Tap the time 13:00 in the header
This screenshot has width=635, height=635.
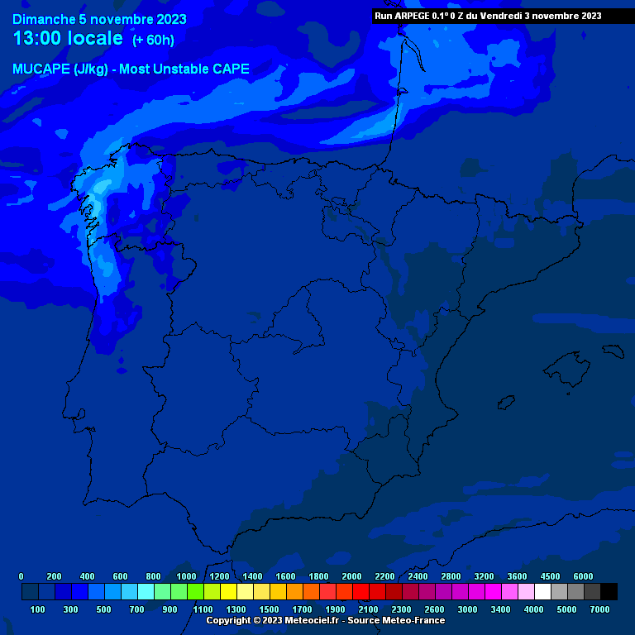pyautogui.click(x=39, y=39)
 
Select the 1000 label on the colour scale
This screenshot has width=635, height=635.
pyautogui.click(x=187, y=576)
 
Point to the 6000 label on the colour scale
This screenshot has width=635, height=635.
pyautogui.click(x=583, y=576)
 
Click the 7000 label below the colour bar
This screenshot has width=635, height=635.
pyautogui.click(x=600, y=609)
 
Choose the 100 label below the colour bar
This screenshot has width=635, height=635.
pyautogui.click(x=38, y=609)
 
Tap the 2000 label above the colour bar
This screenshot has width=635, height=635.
pyautogui.click(x=352, y=576)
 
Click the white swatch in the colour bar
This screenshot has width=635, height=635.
pyautogui.click(x=542, y=592)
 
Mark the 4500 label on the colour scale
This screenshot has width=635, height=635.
pyautogui.click(x=550, y=576)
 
